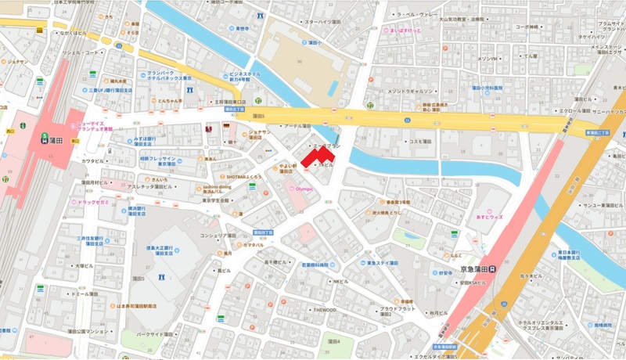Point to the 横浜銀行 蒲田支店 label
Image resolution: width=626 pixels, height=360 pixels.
[x=138, y=212]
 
